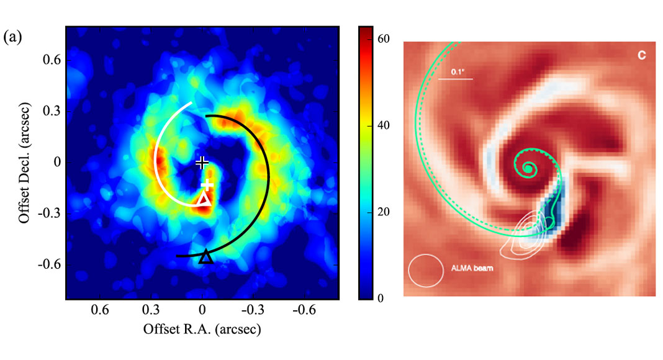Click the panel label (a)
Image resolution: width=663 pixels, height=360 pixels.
(x=14, y=38)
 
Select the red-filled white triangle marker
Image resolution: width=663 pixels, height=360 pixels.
(x=204, y=200)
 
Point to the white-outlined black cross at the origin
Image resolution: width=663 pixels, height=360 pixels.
(x=202, y=163)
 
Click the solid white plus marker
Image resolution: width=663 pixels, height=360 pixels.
(x=207, y=186)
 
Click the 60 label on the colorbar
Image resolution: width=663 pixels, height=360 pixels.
(x=384, y=38)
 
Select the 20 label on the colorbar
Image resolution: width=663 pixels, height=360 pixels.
(x=384, y=212)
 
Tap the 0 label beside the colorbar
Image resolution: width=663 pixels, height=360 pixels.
(x=381, y=298)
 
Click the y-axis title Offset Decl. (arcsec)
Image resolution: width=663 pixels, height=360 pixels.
(x=24, y=163)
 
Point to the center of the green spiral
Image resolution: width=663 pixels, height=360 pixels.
(x=528, y=167)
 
